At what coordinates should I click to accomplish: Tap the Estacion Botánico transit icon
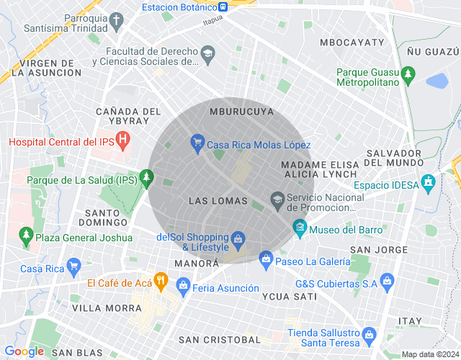coord(224,7)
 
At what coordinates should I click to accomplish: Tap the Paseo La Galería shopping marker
coord(266,258)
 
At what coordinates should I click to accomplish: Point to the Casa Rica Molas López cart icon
coord(197,143)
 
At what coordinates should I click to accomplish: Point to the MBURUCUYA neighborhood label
coord(241,112)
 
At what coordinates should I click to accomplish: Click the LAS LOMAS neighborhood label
coord(218,201)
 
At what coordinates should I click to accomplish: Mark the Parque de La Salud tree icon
coord(147,176)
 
